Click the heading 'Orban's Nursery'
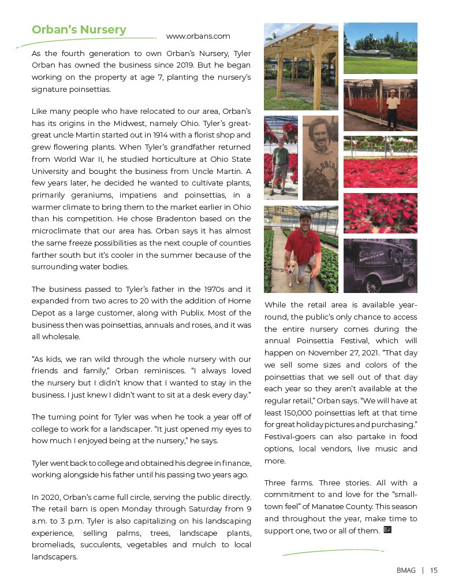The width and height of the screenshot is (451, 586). point(79,29)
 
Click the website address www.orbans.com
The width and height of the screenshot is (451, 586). point(198,36)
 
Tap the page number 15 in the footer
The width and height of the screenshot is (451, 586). point(434,570)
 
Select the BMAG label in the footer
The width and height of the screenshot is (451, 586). point(406,570)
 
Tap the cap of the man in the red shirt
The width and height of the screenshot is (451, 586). point(305,215)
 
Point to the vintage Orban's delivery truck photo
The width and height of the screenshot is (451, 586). point(380,266)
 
